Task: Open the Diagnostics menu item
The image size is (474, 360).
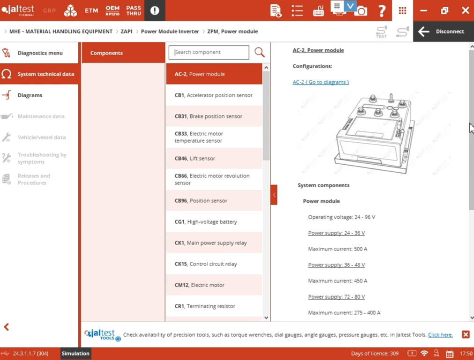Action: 40,53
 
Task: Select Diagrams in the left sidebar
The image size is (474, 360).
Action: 30,95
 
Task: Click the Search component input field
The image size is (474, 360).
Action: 209,52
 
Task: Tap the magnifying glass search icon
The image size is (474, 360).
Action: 259,52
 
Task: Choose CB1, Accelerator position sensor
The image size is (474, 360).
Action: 214,95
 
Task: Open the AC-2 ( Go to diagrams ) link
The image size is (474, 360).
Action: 321,82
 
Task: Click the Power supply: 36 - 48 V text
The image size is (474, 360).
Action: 336,265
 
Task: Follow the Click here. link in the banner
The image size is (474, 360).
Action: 440,335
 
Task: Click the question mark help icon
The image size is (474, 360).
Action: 382,10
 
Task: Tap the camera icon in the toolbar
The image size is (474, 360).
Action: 361,11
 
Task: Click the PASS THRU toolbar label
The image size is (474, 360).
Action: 133,10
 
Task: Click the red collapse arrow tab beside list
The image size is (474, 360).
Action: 274,195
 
